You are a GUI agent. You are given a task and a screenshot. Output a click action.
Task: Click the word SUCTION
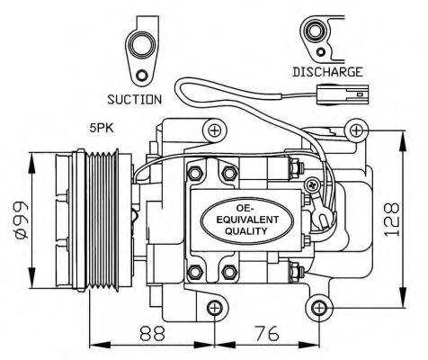coord(134,99)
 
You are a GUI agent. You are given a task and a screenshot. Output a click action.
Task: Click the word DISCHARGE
coord(327,71)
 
